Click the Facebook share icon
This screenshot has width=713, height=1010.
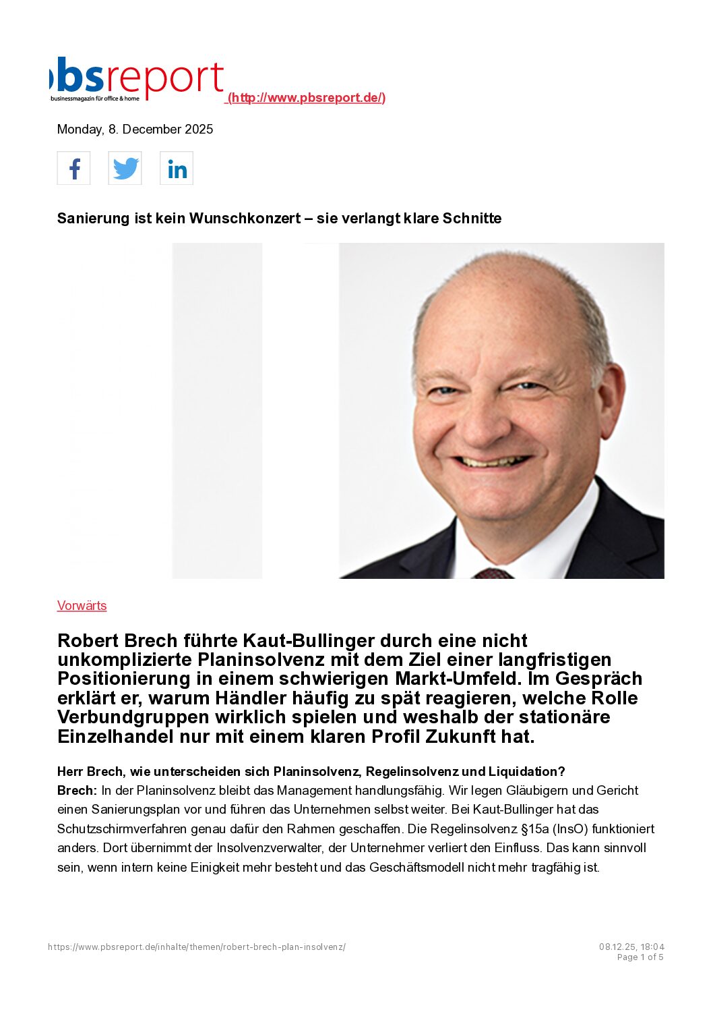pyautogui.click(x=74, y=168)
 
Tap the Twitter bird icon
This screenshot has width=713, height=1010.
pyautogui.click(x=125, y=168)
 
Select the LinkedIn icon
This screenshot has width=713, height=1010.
pyautogui.click(x=177, y=168)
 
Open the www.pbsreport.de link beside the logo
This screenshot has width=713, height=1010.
pyautogui.click(x=307, y=98)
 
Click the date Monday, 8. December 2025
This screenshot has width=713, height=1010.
pyautogui.click(x=135, y=130)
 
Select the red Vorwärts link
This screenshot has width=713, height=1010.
pyautogui.click(x=82, y=606)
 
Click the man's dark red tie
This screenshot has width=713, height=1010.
pyautogui.click(x=493, y=573)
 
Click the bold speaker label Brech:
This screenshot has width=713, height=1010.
pyautogui.click(x=77, y=791)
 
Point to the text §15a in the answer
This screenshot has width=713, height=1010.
pyautogui.click(x=534, y=829)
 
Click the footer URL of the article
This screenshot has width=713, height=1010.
pyautogui.click(x=197, y=947)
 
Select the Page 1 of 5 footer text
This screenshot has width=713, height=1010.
pyautogui.click(x=640, y=957)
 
